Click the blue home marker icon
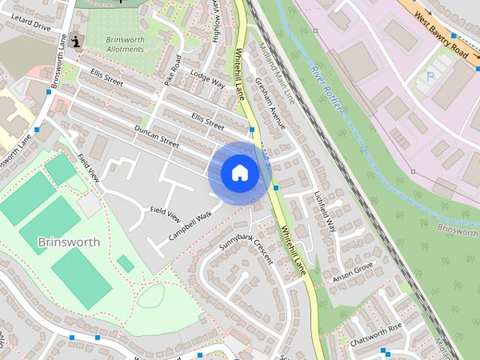tap(239, 172)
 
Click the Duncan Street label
tap(157, 136)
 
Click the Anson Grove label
tap(352, 268)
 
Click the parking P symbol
tap(430, 76)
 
